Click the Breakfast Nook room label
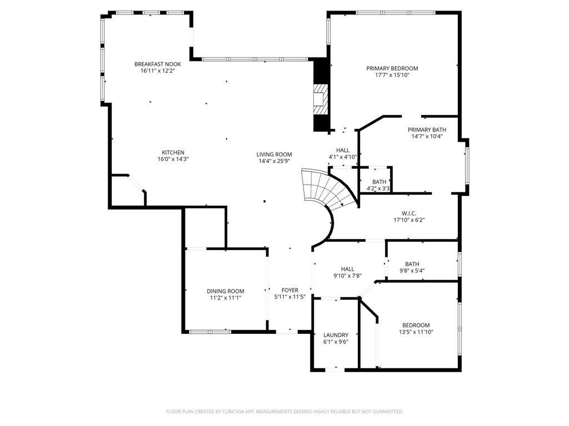(x=157, y=64)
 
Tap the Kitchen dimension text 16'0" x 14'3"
(x=173, y=159)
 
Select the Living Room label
(x=274, y=155)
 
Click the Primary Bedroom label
(x=392, y=68)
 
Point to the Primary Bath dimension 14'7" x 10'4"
(x=427, y=136)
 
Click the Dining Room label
(x=225, y=291)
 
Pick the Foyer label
(x=290, y=290)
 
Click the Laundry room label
(x=336, y=335)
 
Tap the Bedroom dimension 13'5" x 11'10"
(x=416, y=332)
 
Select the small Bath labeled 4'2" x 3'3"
(x=379, y=182)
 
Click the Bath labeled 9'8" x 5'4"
(x=412, y=264)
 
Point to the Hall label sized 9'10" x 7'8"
(x=347, y=269)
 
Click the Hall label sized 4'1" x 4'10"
(x=342, y=150)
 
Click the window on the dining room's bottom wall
(x=209, y=332)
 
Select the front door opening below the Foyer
(x=287, y=332)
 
